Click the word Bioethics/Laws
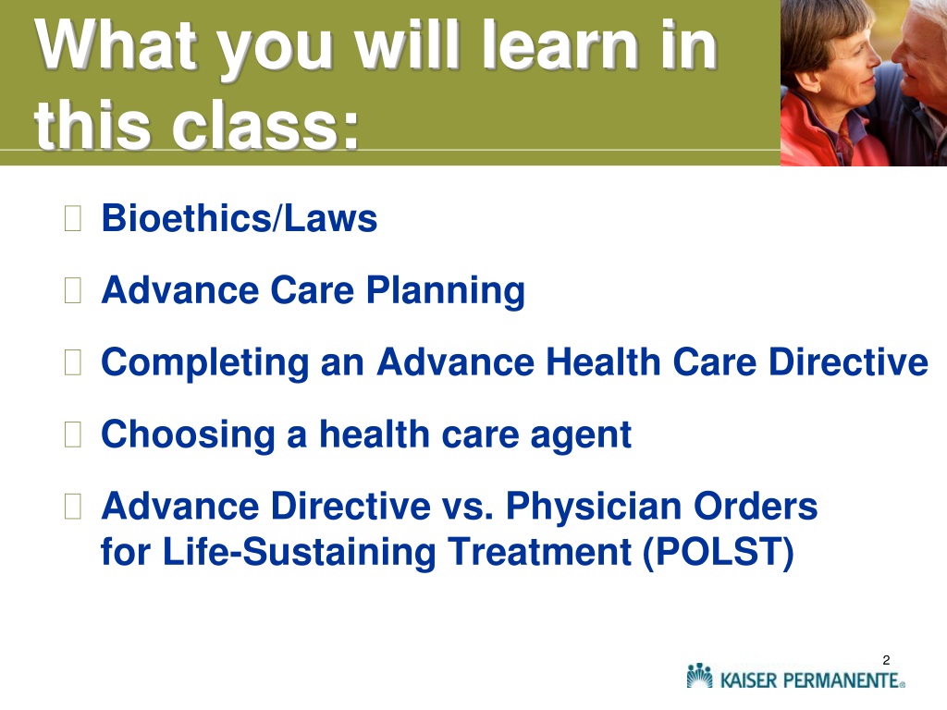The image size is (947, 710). [240, 218]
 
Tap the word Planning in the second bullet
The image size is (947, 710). [445, 291]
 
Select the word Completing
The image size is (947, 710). [204, 363]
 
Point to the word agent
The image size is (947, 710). [581, 436]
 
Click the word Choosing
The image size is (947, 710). [188, 435]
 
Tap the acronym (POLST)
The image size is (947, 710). [718, 552]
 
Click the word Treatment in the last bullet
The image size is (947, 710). [539, 552]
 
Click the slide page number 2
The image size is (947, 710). [886, 660]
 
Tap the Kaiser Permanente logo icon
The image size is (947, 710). [700, 676]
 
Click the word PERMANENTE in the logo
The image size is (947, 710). [841, 680]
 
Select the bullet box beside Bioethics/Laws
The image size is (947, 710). [72, 218]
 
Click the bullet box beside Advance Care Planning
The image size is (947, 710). [72, 290]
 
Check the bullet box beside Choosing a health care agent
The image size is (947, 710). [72, 435]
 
